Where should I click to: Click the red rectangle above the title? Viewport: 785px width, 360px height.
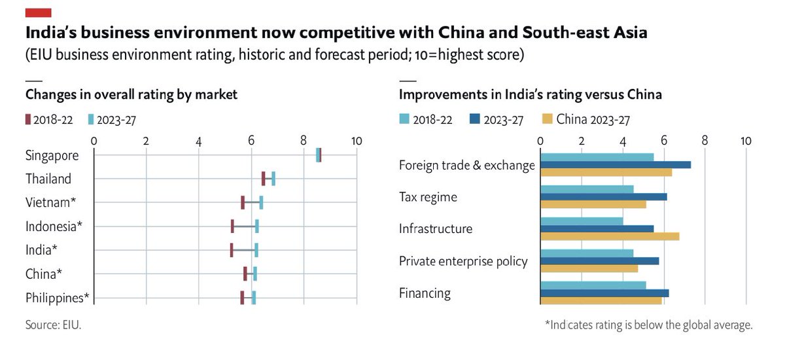(38, 12)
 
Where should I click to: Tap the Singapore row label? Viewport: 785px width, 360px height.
(52, 156)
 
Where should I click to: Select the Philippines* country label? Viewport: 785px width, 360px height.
(58, 298)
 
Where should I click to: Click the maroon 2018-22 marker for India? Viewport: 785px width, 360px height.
(232, 250)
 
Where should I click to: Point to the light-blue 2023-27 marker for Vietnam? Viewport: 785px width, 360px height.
(261, 202)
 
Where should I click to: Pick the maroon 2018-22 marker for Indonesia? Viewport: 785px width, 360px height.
(232, 226)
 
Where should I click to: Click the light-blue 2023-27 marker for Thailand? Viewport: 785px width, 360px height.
(273, 178)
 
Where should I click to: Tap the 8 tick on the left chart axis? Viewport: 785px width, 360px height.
(304, 141)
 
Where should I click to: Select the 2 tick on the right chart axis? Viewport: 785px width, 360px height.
(581, 141)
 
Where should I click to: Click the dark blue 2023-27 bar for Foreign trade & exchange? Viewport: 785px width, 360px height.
(615, 165)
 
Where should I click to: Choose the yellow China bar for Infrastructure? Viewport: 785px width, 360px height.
(610, 236)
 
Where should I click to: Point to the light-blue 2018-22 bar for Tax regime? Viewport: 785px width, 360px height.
(587, 189)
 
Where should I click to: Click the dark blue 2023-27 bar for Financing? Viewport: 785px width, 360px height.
(604, 293)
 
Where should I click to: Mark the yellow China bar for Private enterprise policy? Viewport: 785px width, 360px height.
(589, 268)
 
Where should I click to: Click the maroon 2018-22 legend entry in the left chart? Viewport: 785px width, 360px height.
(49, 120)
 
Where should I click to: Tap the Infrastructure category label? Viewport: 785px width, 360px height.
(436, 228)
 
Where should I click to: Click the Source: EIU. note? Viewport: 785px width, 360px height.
(53, 324)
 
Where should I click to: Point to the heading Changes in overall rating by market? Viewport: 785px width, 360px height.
(131, 94)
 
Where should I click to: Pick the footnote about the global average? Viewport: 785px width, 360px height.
(648, 325)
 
